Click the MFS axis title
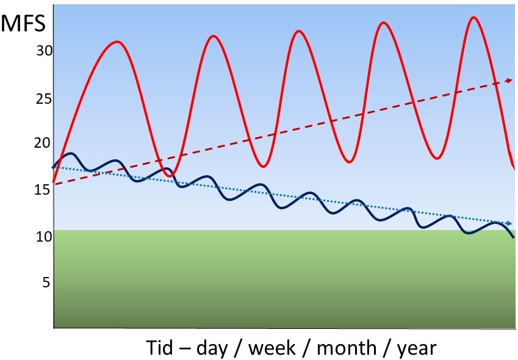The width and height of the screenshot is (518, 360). point(23,23)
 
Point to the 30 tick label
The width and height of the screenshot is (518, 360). point(45,51)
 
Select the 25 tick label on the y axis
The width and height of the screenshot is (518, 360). point(45,99)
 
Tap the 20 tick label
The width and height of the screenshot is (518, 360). point(42,143)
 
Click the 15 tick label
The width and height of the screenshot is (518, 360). point(43,190)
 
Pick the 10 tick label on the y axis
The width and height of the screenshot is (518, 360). point(45,237)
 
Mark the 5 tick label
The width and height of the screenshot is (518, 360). point(46,283)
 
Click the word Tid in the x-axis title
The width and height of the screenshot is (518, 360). point(160,347)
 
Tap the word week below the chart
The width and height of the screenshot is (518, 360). point(272,347)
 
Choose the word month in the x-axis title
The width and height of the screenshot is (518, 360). point(347,347)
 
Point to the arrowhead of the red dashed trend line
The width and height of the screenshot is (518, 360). point(509,81)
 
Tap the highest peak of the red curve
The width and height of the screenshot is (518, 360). point(474,17)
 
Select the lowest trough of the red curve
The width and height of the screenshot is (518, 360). point(170,176)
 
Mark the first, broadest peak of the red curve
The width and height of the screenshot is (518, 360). point(117,42)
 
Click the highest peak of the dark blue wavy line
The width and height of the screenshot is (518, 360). point(70,154)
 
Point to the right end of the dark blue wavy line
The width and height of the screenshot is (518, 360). point(513,237)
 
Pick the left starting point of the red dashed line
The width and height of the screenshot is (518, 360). point(55,184)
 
